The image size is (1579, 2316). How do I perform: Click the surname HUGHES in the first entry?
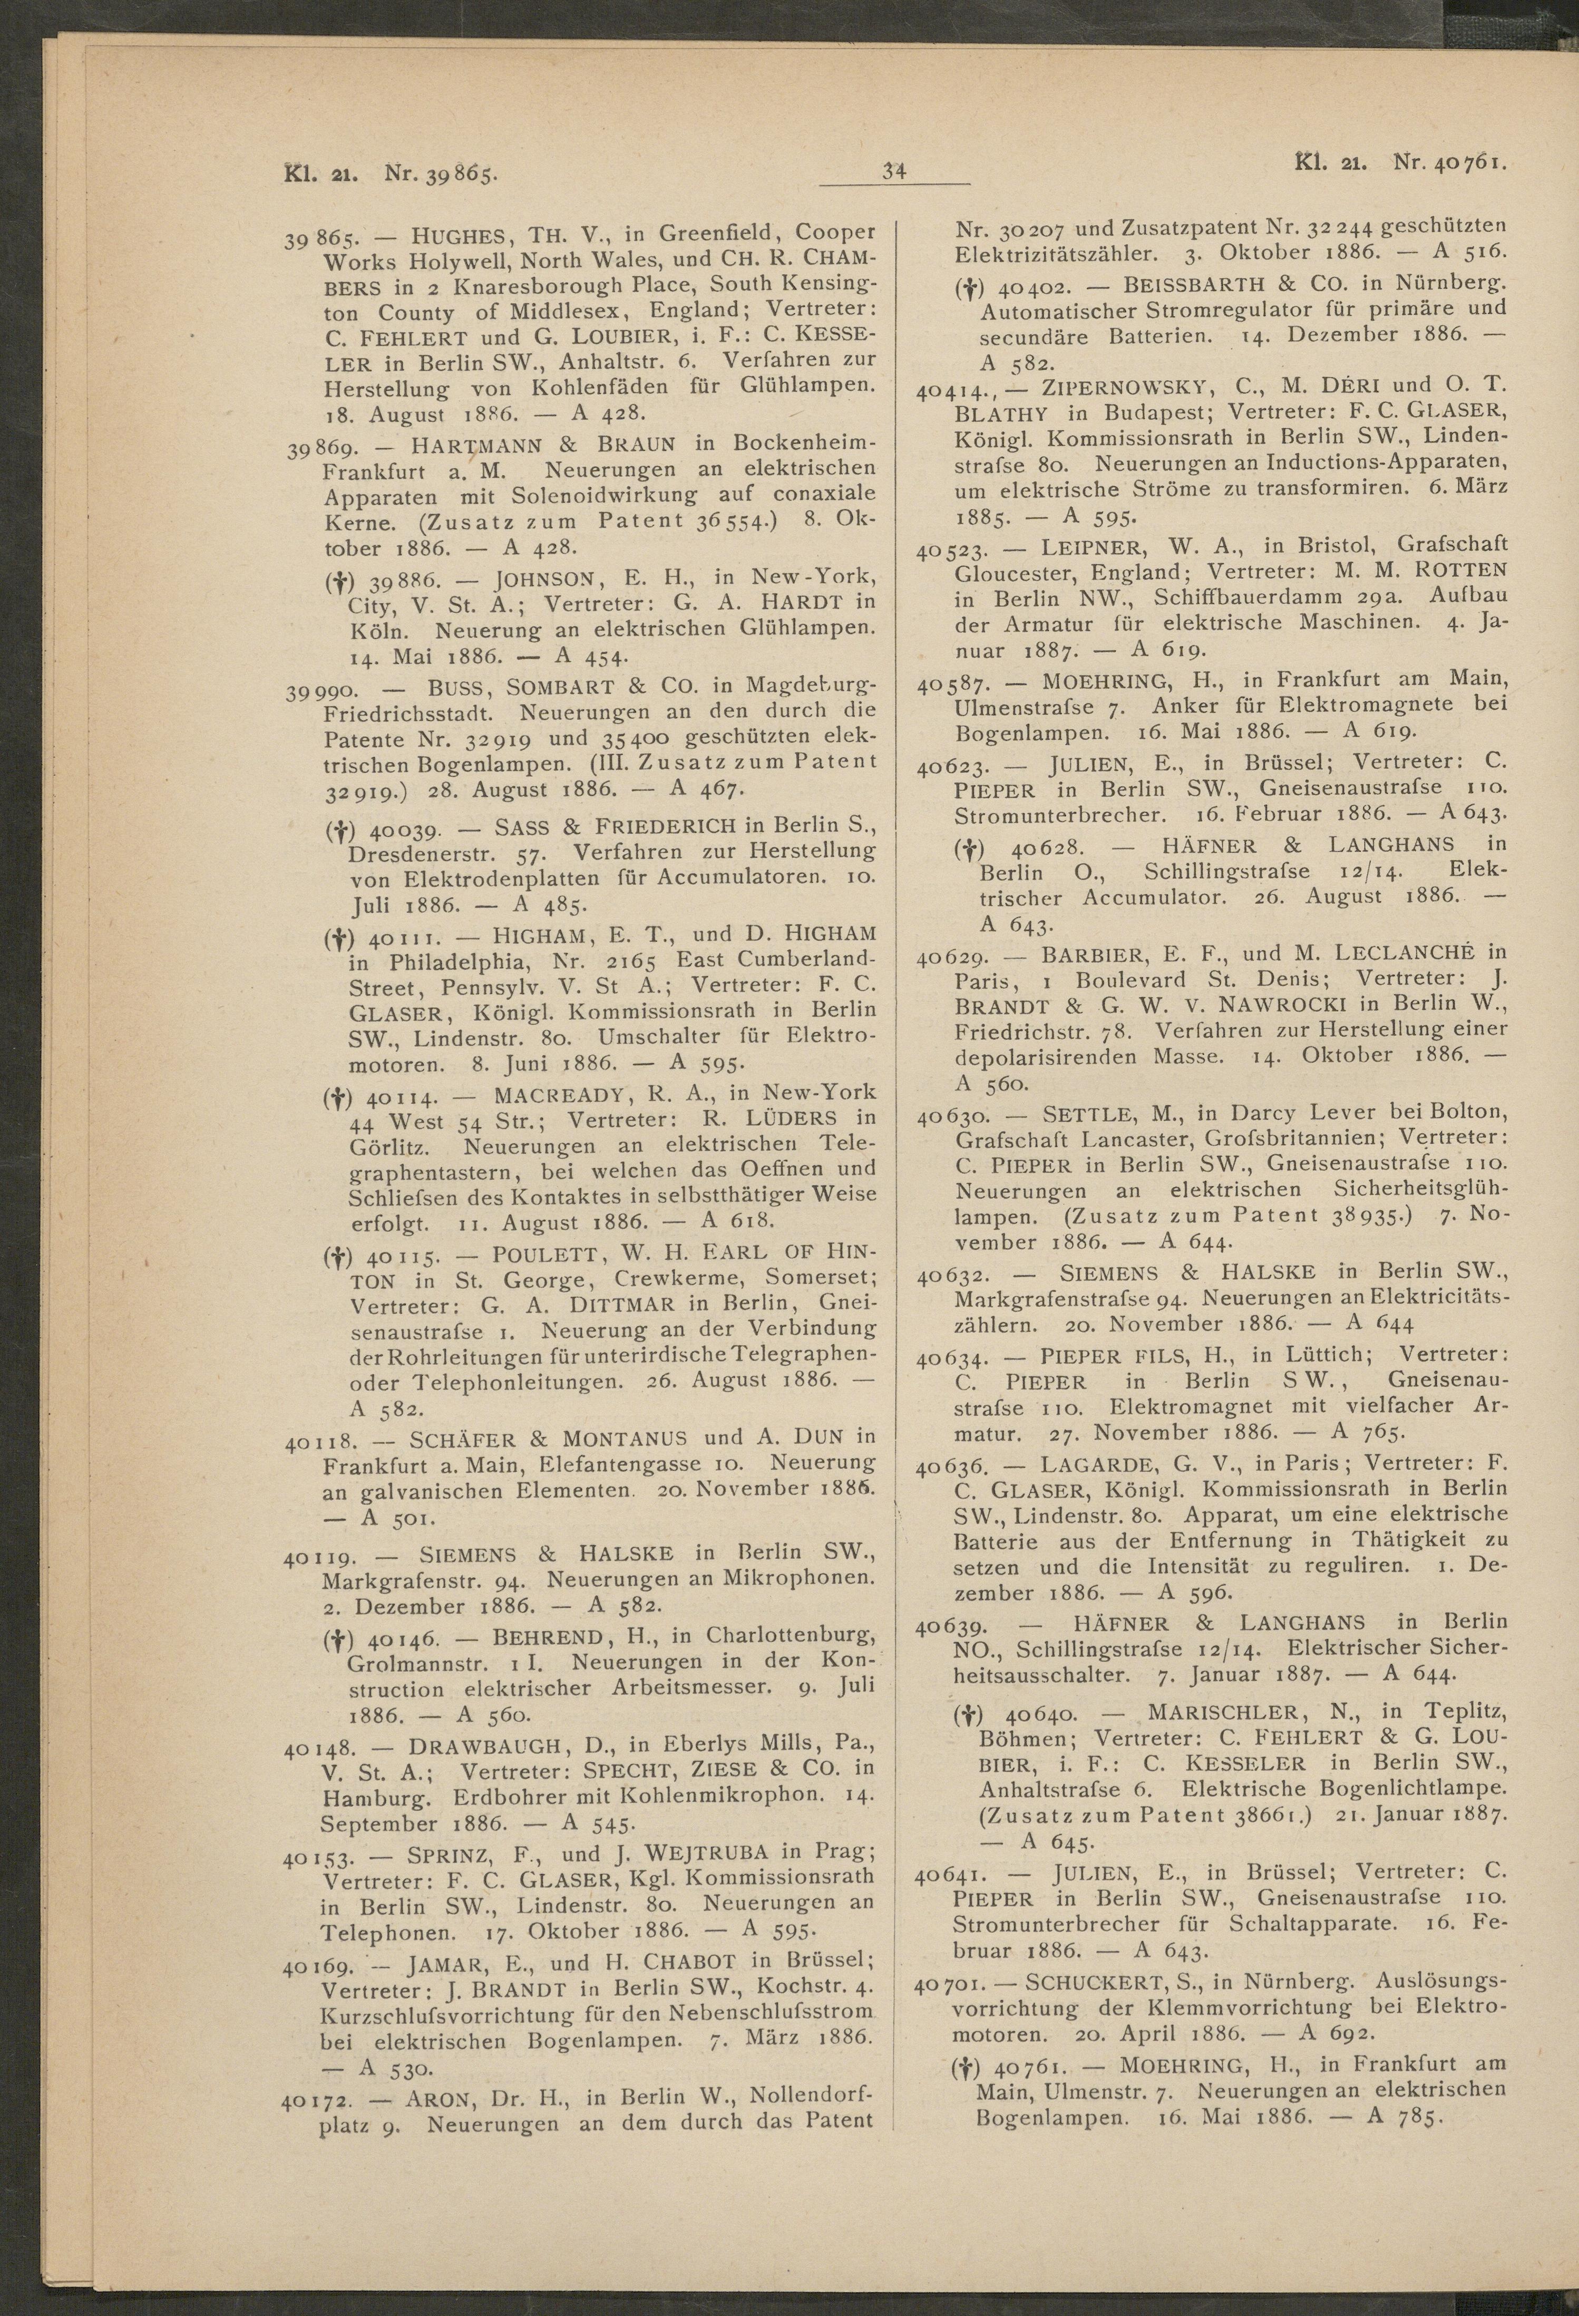[x=459, y=235]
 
